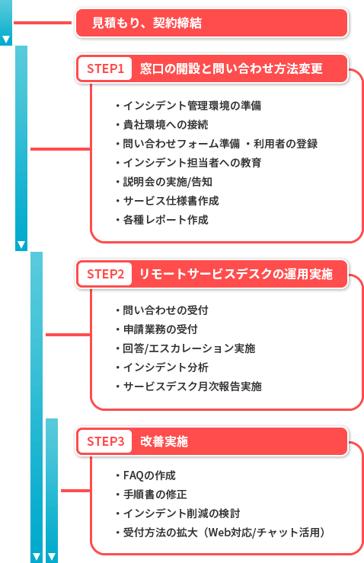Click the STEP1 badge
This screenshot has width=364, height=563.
pyautogui.click(x=105, y=68)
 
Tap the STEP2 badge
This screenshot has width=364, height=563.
pyautogui.click(x=105, y=274)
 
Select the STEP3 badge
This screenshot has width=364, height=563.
pyautogui.click(x=105, y=441)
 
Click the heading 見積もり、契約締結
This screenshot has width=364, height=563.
pyautogui.click(x=147, y=23)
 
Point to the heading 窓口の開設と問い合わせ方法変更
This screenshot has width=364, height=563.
pyautogui.click(x=231, y=68)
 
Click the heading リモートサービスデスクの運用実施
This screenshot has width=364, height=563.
pyautogui.click(x=236, y=274)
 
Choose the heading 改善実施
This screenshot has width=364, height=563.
pyautogui.click(x=164, y=441)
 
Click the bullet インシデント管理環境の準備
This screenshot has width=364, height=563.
pyautogui.click(x=192, y=106)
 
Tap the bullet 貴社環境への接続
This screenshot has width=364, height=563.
pyautogui.click(x=165, y=125)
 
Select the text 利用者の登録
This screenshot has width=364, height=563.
pyautogui.click(x=286, y=144)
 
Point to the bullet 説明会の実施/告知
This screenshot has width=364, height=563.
pyautogui.click(x=168, y=182)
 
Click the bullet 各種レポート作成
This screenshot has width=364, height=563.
pyautogui.click(x=165, y=220)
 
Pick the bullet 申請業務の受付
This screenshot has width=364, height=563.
pyautogui.click(x=160, y=329)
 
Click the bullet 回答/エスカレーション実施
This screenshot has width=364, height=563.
pyautogui.click(x=189, y=348)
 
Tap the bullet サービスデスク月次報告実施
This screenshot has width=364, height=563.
pyautogui.click(x=192, y=386)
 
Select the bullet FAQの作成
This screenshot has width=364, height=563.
pyautogui.click(x=149, y=476)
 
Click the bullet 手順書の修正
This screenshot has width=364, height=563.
pyautogui.click(x=155, y=495)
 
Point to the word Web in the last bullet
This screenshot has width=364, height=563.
pyautogui.click(x=219, y=533)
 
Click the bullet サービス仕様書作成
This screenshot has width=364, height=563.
pyautogui.click(x=171, y=201)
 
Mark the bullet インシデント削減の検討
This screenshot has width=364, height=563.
pyautogui.click(x=181, y=514)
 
